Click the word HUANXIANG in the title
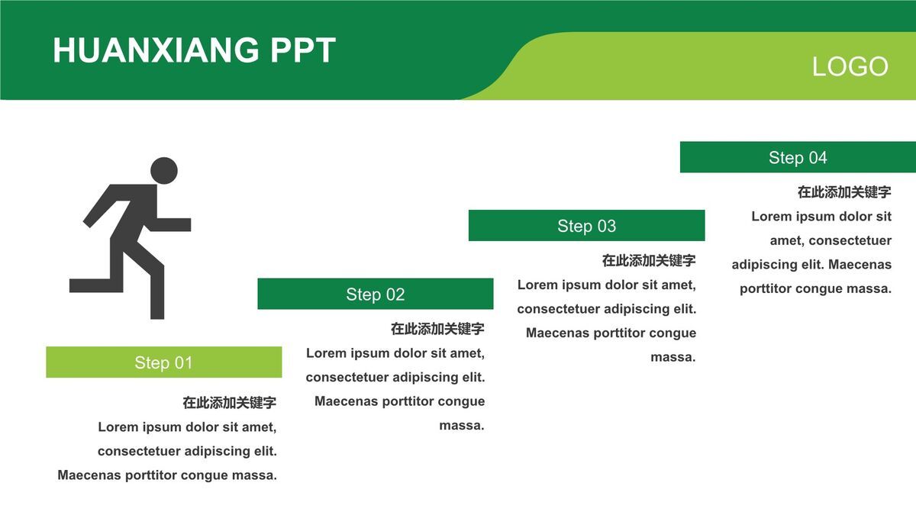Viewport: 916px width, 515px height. click(x=156, y=50)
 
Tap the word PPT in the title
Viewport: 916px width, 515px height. click(x=303, y=50)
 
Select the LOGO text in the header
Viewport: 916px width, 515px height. click(x=850, y=66)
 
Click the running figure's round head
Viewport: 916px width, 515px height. click(x=164, y=170)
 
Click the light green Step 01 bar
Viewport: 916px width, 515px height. click(x=164, y=362)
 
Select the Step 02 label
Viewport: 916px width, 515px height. click(x=376, y=295)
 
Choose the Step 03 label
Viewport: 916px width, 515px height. click(x=586, y=226)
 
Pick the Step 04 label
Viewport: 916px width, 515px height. click(x=798, y=157)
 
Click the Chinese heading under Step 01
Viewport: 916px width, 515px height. click(x=230, y=403)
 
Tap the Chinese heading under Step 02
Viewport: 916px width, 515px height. click(x=437, y=329)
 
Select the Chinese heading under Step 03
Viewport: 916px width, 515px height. click(x=649, y=260)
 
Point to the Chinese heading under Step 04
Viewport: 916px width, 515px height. click(x=844, y=192)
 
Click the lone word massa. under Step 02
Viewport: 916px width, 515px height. click(x=462, y=426)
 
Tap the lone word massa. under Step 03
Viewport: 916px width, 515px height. click(x=673, y=357)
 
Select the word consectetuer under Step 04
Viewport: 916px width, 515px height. click(x=850, y=240)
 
